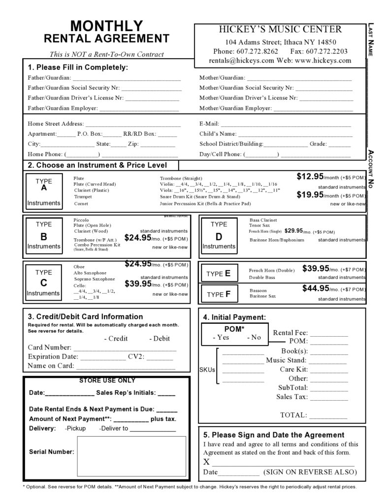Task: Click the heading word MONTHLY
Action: [106, 26]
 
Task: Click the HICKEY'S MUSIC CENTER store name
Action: [280, 30]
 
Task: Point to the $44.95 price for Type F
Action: [316, 288]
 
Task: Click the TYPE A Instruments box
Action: [44, 192]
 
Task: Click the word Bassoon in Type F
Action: [258, 290]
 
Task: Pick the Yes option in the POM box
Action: [221, 338]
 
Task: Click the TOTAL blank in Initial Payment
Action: [328, 415]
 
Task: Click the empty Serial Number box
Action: [131, 456]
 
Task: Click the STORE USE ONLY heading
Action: [107, 380]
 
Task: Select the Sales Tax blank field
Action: [328, 397]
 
